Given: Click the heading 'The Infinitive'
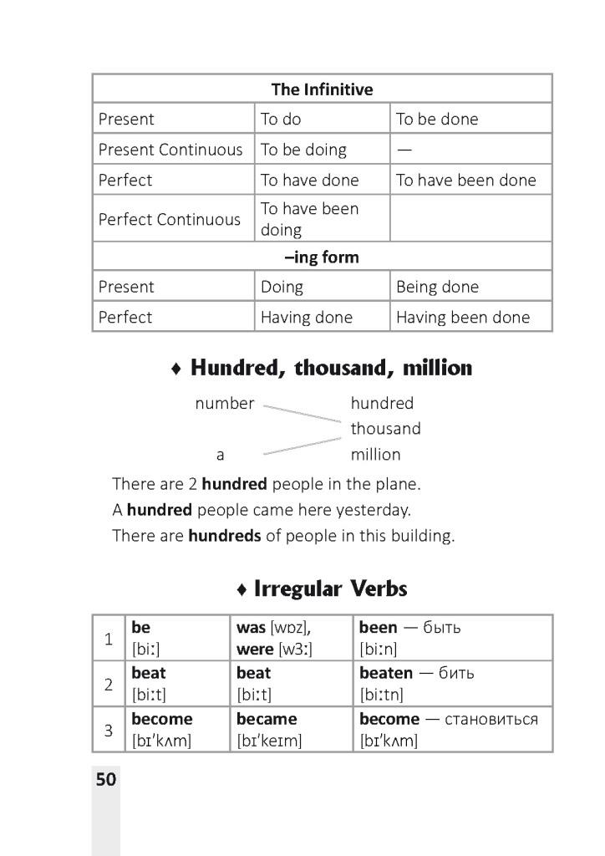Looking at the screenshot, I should point(322,89).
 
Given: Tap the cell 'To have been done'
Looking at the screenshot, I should point(465,180).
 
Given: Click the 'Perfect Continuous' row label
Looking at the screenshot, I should point(170,219).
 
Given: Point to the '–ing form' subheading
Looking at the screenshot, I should point(322,257).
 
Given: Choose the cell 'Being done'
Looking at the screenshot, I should point(437,287).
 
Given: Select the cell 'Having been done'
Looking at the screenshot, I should point(462,318).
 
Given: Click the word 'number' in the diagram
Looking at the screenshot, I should point(224,404).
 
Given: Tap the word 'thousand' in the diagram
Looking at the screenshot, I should point(385,429).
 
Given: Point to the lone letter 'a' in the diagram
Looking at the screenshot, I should point(221,456).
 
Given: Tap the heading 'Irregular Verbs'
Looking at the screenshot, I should point(330,589).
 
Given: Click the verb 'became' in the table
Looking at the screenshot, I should point(267,719).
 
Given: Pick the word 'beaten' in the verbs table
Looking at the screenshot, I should point(385,673).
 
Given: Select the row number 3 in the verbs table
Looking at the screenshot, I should point(108,730).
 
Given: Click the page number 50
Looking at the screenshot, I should point(106,780).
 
